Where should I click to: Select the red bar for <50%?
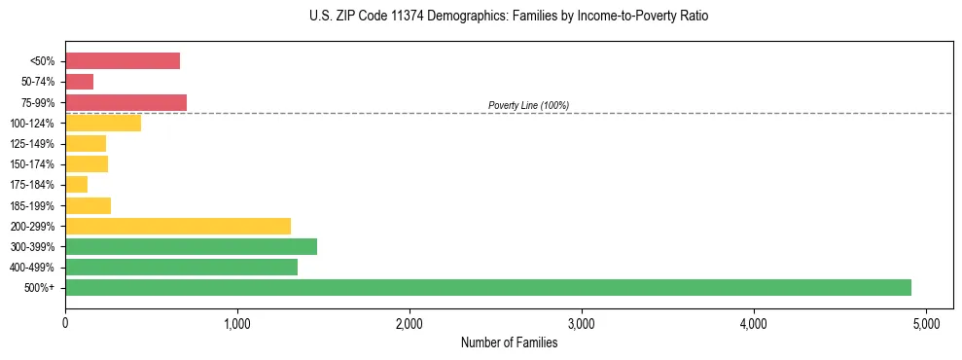[123, 61]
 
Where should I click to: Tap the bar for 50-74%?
[80, 82]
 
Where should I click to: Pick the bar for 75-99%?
[125, 102]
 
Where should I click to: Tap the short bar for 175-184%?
[77, 184]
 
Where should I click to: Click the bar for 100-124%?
[103, 123]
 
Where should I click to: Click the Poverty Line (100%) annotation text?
[528, 105]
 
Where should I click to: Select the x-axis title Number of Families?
[509, 342]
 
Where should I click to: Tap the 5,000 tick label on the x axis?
[926, 322]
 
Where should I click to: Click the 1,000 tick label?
[237, 322]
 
